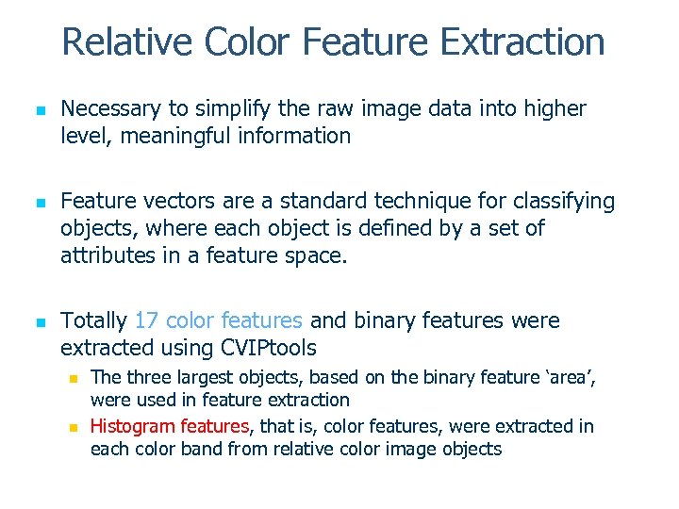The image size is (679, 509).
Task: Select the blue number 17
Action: (x=148, y=321)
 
